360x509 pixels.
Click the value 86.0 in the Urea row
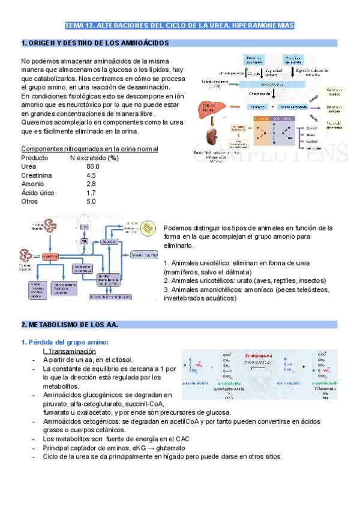(92, 166)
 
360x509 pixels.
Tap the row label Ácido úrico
(37, 193)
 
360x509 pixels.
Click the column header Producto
(35, 157)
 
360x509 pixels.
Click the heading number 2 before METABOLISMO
(23, 325)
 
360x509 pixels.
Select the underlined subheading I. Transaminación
(70, 351)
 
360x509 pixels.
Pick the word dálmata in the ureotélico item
(239, 272)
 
